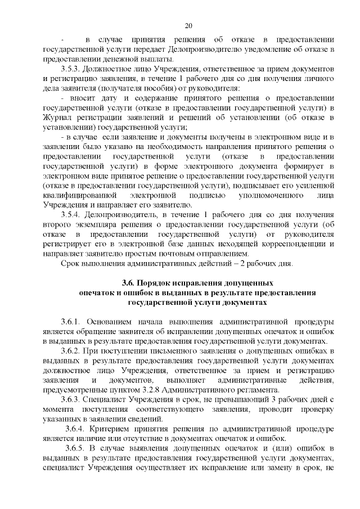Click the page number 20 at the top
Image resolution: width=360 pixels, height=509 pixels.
[188, 25]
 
